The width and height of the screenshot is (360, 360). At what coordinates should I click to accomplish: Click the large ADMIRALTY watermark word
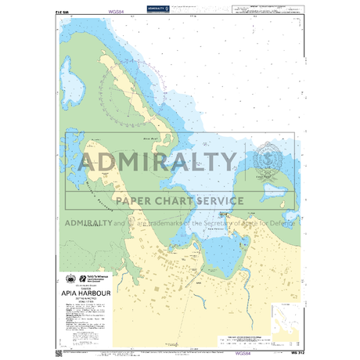click(x=158, y=162)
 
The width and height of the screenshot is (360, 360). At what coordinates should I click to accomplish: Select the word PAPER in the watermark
click(x=138, y=200)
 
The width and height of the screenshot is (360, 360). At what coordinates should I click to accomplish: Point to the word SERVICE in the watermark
click(x=220, y=200)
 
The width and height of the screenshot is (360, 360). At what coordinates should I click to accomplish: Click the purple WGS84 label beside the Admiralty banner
click(x=117, y=13)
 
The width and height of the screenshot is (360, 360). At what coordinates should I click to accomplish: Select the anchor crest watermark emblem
click(x=264, y=158)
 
